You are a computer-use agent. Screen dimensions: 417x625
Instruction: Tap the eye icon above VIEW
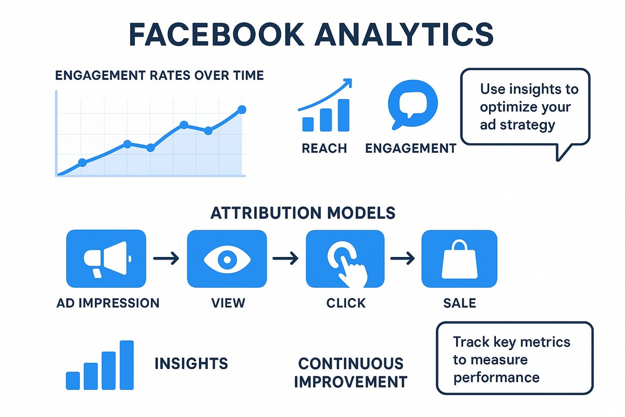coord(227,259)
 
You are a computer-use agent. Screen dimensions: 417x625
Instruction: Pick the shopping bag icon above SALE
coord(459,259)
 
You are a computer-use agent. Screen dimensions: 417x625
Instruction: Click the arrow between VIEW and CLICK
coord(286,258)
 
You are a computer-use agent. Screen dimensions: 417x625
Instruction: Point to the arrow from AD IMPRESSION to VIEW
coord(166,258)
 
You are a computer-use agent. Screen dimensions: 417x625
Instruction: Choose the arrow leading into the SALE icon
coord(403,258)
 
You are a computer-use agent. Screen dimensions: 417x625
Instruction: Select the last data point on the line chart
coord(241,109)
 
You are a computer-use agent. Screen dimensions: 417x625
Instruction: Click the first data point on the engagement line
coord(82,163)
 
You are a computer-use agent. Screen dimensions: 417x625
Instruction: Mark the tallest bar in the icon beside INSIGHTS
coord(127,365)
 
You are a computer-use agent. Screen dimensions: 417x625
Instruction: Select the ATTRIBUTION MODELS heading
coord(303,213)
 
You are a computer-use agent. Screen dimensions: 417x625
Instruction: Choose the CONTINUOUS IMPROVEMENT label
coord(351,372)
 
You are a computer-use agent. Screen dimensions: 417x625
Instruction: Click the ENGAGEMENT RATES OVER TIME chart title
coord(159,76)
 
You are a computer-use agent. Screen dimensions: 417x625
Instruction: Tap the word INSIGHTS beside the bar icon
coord(191,363)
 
